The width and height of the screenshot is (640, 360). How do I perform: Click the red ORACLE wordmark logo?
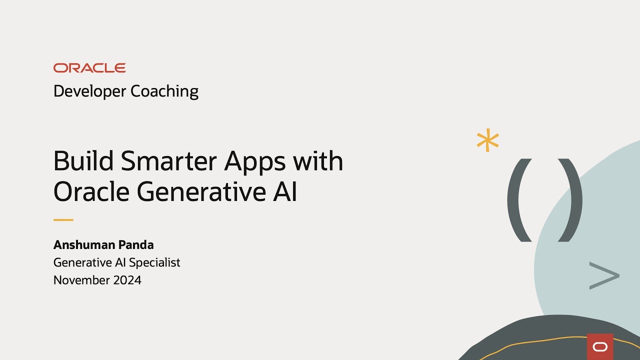pos(89,68)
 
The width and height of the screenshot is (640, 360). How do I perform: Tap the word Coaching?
pos(164,91)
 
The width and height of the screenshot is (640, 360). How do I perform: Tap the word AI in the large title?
pos(285,191)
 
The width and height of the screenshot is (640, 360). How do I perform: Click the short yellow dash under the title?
pos(63,219)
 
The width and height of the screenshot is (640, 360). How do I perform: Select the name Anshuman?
pos(83,245)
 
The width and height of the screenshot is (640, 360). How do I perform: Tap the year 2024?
pos(128,280)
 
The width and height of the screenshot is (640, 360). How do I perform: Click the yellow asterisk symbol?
pos(487,141)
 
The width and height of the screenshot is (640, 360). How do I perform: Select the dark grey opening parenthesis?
pos(518,200)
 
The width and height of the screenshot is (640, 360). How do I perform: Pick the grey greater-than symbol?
pos(604,275)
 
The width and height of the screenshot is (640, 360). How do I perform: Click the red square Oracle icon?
pos(600,346)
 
